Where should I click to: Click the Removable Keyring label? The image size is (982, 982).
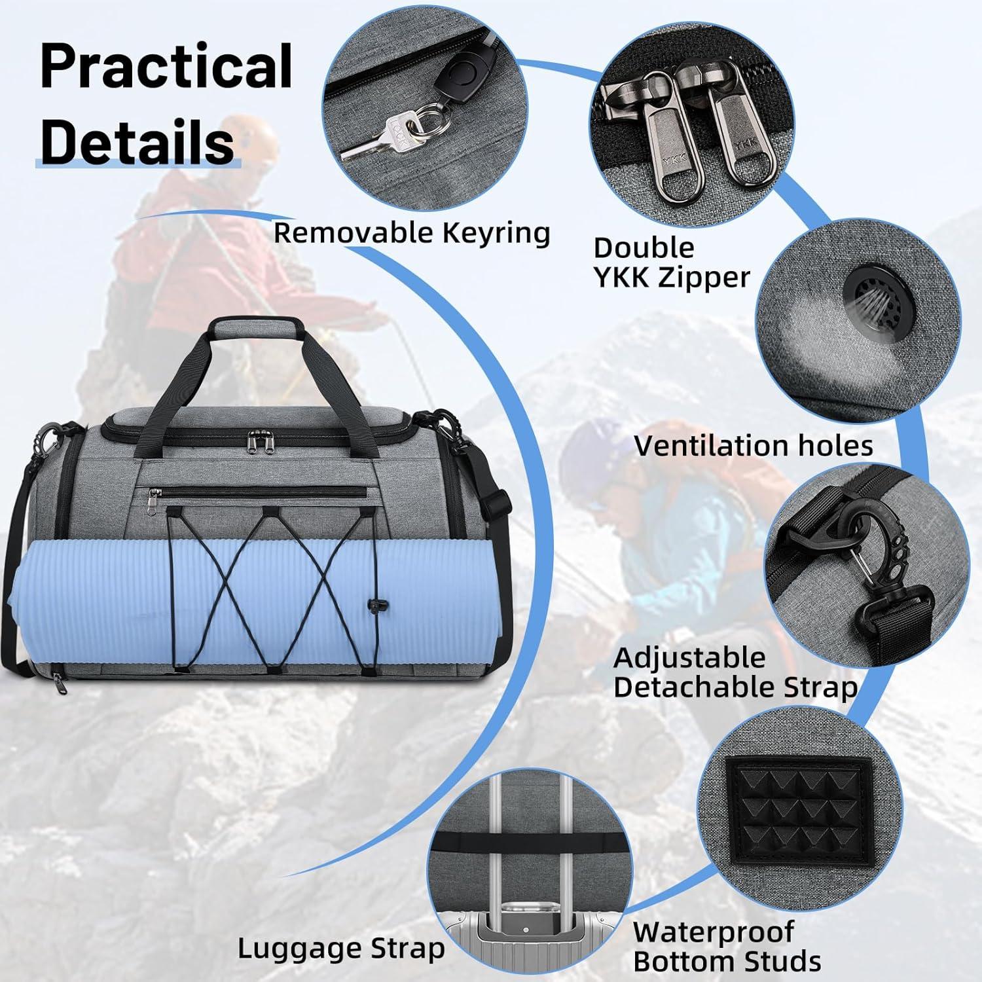[412, 233]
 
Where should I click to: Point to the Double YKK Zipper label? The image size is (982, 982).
[671, 263]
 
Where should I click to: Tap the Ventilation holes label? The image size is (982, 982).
[754, 446]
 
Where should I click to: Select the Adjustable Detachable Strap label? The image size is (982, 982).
[735, 673]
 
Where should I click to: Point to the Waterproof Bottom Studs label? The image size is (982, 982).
[727, 947]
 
